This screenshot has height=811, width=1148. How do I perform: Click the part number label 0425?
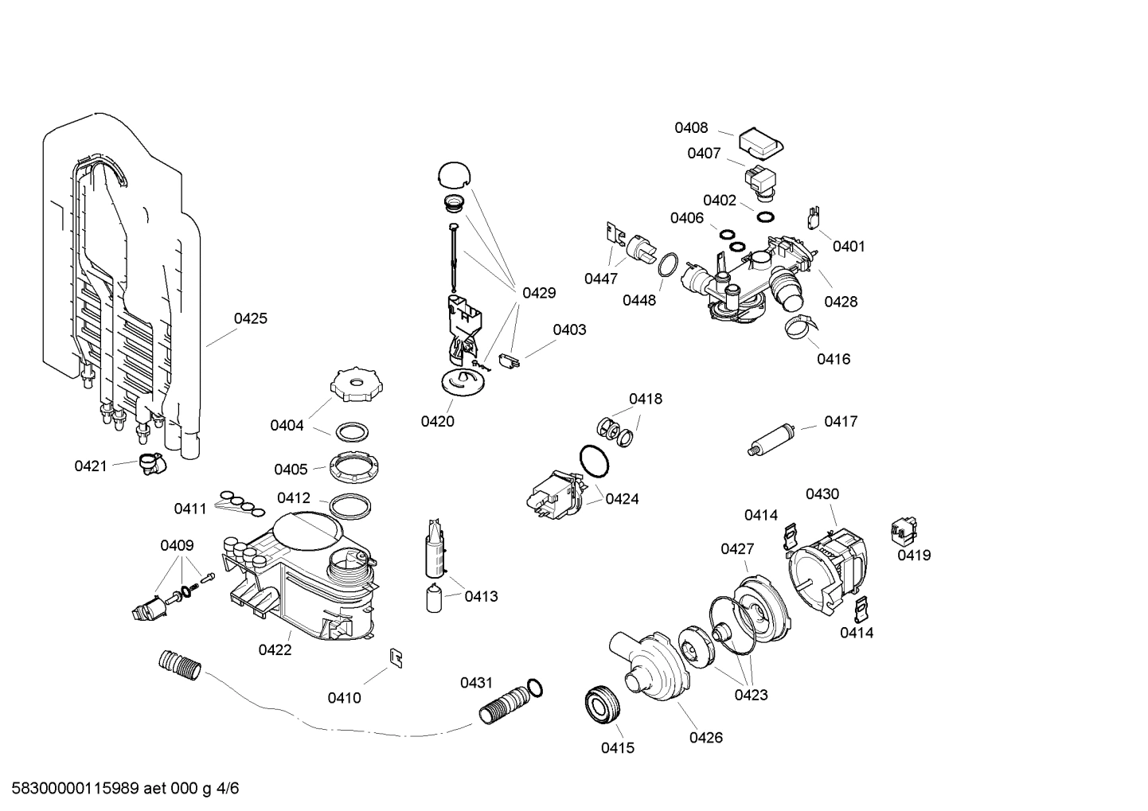click(x=250, y=318)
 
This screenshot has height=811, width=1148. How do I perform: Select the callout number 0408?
click(x=691, y=128)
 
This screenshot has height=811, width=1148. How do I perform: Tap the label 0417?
click(x=841, y=422)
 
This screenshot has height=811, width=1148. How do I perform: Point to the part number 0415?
click(x=618, y=748)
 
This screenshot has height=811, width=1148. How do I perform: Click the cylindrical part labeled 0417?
click(x=773, y=439)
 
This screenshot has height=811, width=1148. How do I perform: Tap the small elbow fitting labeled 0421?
click(x=150, y=463)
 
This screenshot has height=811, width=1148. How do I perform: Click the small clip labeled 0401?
click(x=812, y=216)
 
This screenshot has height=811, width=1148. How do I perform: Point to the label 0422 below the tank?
click(x=275, y=650)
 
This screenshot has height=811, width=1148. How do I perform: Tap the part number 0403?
click(x=569, y=330)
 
